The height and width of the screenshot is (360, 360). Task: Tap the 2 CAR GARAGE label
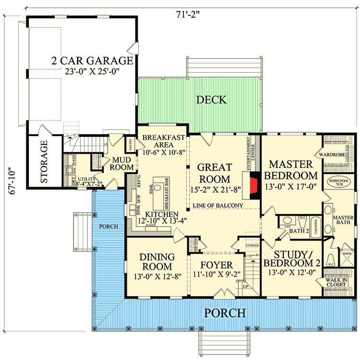click(93, 61)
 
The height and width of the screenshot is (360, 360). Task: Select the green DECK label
click(211, 99)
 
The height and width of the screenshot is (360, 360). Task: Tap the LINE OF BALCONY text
click(217, 206)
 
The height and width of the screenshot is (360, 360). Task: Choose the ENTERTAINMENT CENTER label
click(249, 154)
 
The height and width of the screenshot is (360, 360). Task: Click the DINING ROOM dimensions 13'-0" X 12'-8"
click(156, 276)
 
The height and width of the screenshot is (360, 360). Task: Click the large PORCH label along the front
click(226, 313)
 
